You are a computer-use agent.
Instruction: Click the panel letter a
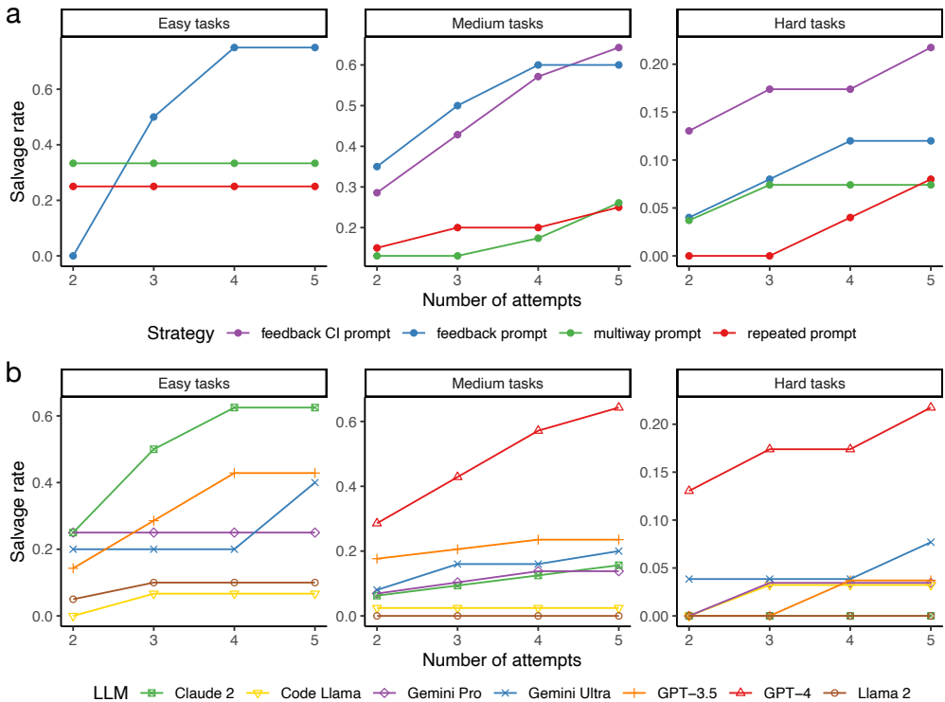tap(14, 16)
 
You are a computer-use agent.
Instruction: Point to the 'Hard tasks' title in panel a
tap(808, 23)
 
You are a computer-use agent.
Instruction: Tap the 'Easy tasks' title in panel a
tap(194, 23)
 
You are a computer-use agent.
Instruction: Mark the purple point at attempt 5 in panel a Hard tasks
tap(931, 47)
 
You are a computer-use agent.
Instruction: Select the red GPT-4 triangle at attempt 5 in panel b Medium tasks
tap(618, 407)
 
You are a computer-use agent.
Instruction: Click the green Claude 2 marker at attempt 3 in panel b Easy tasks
tap(153, 449)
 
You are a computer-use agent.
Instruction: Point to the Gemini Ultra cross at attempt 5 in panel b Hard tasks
tap(931, 542)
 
